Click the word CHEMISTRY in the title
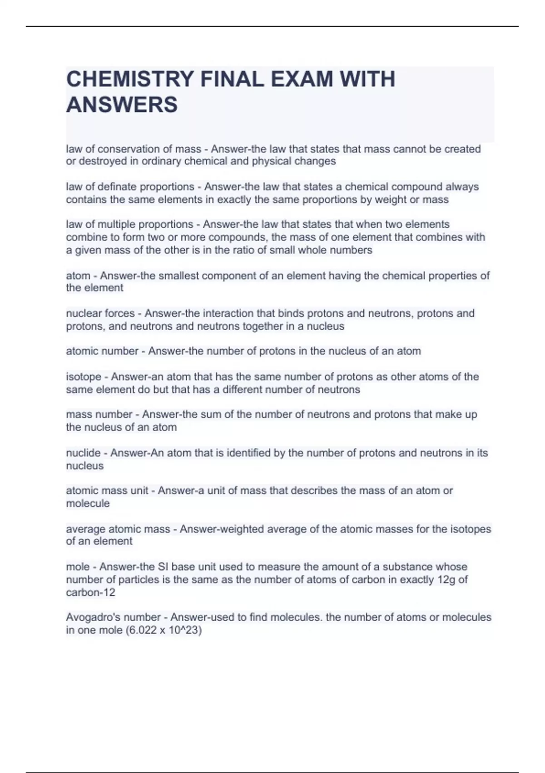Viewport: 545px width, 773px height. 129,79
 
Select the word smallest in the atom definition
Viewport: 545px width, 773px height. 179,276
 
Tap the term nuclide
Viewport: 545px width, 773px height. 83,453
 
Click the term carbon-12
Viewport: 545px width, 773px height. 90,592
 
